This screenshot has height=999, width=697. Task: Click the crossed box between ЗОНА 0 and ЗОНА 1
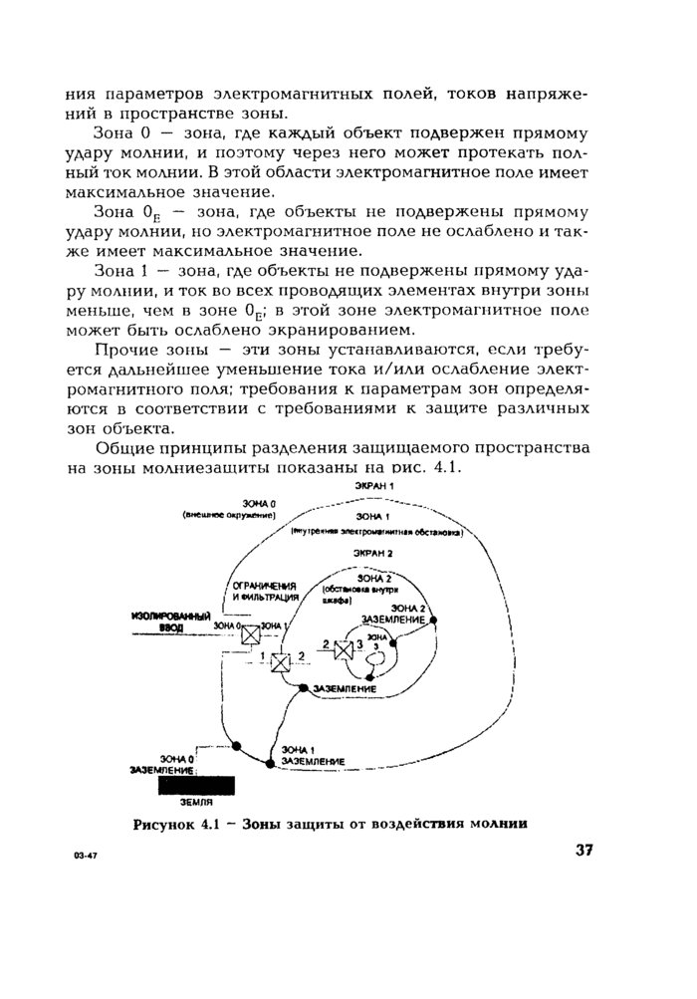pos(253,634)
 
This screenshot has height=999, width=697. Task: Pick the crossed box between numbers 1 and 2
pos(282,661)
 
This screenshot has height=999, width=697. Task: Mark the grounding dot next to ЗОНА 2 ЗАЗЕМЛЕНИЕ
pos(434,620)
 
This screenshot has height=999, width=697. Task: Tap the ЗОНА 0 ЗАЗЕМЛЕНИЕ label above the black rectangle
pos(162,764)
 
